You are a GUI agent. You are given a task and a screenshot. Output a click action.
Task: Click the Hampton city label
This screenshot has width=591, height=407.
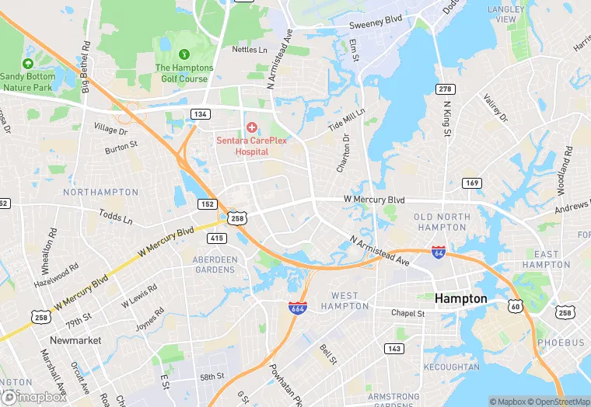tap(460, 298)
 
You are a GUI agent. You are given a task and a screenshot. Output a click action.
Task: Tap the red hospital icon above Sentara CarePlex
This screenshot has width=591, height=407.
tap(251, 127)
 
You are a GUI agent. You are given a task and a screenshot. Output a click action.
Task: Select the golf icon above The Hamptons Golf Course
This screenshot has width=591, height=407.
tap(184, 54)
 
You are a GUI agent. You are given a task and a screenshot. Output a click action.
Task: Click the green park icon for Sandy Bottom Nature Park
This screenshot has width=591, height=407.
tap(29, 63)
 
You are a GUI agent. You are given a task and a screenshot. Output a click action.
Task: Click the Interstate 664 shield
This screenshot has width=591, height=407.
tap(295, 308)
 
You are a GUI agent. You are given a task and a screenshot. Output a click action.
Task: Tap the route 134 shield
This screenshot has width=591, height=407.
tap(201, 114)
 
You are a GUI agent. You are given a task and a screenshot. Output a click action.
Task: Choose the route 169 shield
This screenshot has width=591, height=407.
tap(470, 183)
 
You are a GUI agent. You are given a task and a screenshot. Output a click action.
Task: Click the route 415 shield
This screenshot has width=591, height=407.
tap(217, 238)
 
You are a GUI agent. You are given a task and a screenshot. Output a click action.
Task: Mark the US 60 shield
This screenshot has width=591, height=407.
tap(516, 307)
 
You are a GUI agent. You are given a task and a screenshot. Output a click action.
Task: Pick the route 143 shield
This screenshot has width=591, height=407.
tap(395, 349)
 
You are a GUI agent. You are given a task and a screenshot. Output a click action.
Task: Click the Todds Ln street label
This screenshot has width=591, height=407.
tap(116, 216)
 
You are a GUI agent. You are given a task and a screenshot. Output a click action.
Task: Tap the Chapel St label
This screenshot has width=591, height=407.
tap(407, 313)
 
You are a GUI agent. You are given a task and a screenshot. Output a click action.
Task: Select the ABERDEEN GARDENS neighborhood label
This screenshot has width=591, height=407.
tap(214, 264)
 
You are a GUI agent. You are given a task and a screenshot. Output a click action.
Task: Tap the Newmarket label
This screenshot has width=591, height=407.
tap(75, 340)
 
